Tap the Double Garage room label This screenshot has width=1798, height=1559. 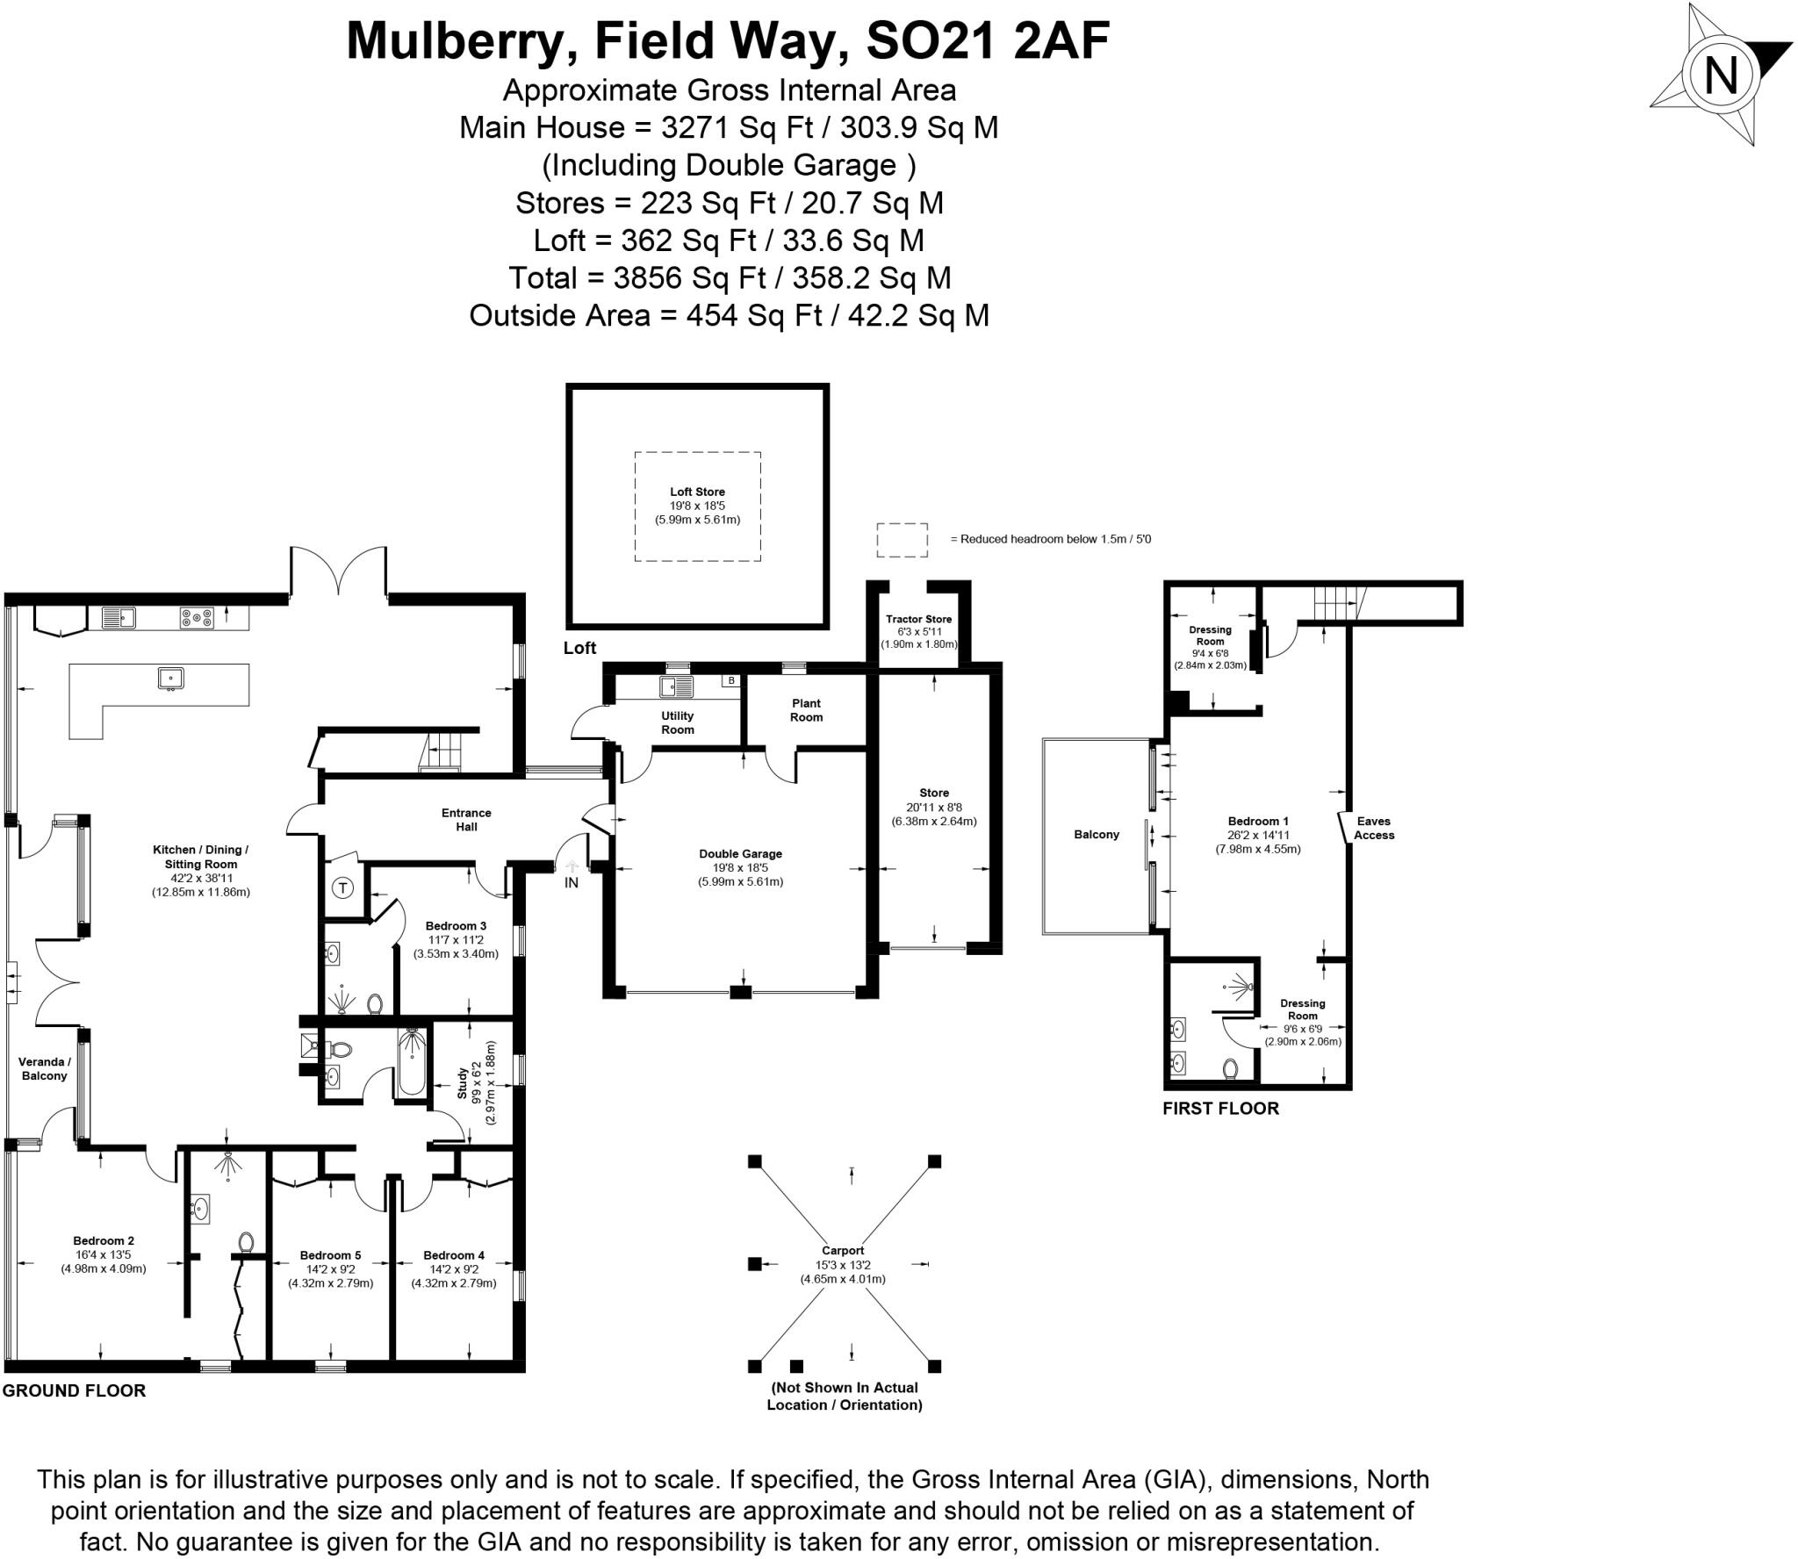[740, 853]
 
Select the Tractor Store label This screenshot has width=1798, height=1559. [918, 619]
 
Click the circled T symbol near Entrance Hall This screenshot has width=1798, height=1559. [343, 888]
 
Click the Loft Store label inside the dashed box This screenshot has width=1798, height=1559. [697, 492]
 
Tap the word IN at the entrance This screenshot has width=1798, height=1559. [572, 882]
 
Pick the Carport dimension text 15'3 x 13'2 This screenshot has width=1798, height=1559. [843, 1265]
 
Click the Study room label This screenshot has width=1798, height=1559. [463, 1082]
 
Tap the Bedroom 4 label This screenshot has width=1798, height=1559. [454, 1255]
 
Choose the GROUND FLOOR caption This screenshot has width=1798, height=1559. [74, 1390]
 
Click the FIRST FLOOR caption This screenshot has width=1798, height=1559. [1220, 1108]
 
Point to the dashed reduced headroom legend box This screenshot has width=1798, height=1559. [902, 540]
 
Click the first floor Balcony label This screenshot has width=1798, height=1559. [1097, 834]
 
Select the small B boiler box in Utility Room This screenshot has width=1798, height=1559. [730, 680]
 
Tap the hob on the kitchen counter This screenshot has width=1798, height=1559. [197, 618]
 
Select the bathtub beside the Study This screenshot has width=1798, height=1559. [411, 1063]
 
